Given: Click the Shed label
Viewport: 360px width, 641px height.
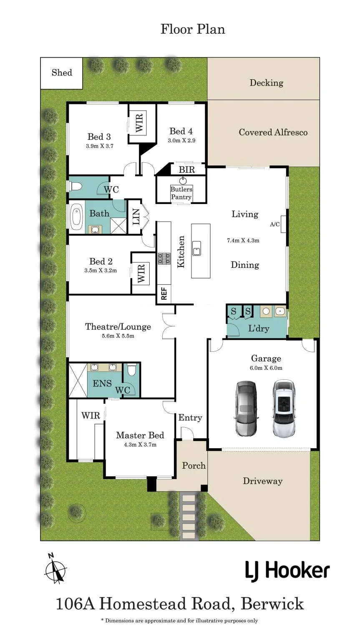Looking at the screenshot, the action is [62, 73].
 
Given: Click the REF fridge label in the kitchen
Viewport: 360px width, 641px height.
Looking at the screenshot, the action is [164, 294].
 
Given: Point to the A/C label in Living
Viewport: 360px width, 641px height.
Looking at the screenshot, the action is [275, 225].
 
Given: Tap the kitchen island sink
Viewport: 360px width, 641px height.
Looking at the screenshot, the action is [196, 248].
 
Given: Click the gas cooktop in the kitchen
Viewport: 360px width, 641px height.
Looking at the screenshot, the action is [164, 259].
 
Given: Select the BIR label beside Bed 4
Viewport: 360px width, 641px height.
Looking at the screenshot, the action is [187, 170].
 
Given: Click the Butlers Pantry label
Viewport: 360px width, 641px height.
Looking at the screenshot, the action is [181, 193].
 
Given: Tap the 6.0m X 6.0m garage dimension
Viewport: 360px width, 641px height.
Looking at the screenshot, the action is [266, 368].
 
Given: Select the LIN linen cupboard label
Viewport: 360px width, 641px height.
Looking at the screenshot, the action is [136, 217].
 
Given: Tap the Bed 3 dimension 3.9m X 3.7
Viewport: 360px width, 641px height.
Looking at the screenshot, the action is [100, 146].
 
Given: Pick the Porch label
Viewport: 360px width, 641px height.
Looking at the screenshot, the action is [194, 466].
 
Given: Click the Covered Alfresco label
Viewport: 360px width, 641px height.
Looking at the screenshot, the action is [273, 132].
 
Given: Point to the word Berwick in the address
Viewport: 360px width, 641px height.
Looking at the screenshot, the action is [272, 604].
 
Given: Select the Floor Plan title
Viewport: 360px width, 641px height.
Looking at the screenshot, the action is [193, 29].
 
